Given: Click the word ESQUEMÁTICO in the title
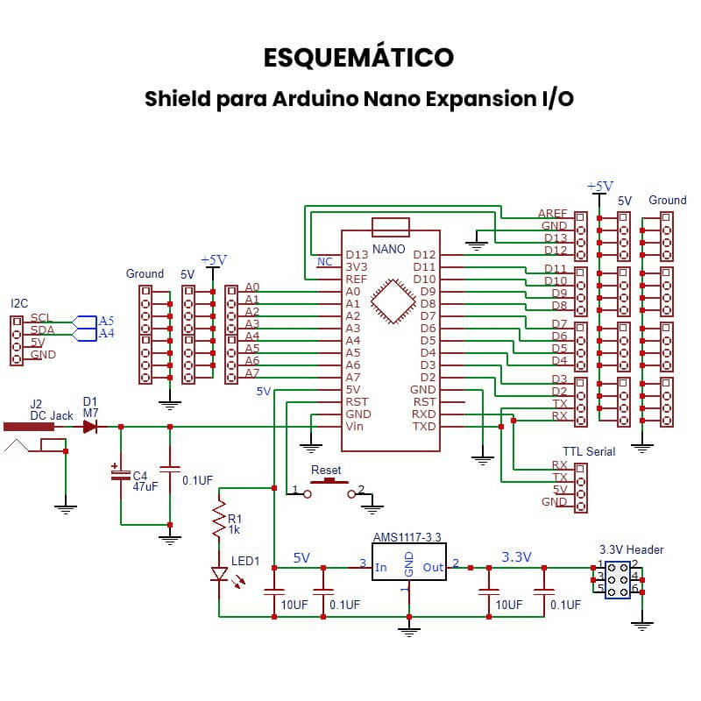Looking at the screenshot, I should click(358, 57).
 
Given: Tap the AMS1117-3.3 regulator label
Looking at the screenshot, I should click(408, 536).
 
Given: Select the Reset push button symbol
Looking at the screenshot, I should click(329, 482).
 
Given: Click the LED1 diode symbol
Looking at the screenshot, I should click(220, 575).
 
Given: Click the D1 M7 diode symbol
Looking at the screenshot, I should click(90, 427).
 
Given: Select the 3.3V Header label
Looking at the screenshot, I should click(631, 549).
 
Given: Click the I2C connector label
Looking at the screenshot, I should click(18, 303).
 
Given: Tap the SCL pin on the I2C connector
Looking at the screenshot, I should click(41, 318).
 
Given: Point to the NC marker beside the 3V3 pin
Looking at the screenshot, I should click(324, 262).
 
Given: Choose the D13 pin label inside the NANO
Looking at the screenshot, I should click(358, 254).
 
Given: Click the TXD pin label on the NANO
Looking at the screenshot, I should click(423, 426).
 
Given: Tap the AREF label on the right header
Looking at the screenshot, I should click(552, 214).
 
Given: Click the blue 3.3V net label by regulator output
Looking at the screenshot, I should click(516, 556).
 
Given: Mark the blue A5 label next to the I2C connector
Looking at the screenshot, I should click(106, 321).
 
